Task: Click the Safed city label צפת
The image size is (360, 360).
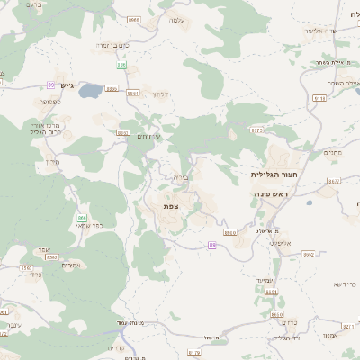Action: pyautogui.click(x=171, y=207)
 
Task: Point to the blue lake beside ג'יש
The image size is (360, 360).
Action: pyautogui.click(x=91, y=91)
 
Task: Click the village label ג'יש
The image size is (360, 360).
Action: pyautogui.click(x=67, y=85)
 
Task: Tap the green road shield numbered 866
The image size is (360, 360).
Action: pyautogui.click(x=82, y=217)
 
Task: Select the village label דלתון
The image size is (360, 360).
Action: pyautogui.click(x=160, y=94)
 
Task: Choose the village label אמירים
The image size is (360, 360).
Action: pyautogui.click(x=49, y=265)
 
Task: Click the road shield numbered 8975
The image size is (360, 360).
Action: pyautogui.click(x=257, y=131)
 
